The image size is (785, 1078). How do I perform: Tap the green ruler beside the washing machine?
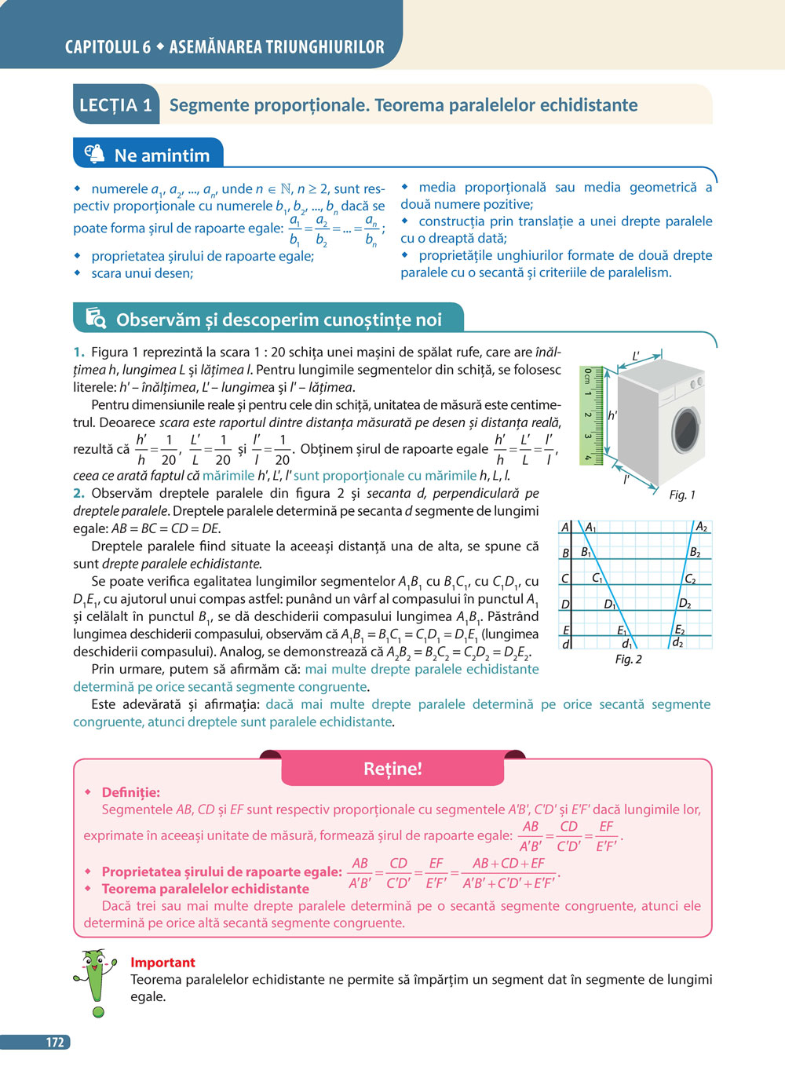coord(591,415)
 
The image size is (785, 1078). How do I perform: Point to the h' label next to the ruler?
coord(613,415)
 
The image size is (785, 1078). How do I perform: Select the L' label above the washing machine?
coord(637,356)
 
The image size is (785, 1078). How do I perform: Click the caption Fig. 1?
coord(682,495)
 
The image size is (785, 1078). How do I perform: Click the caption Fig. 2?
coord(628,659)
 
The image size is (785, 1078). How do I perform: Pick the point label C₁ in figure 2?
coord(598,578)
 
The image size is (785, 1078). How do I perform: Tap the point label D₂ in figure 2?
coord(685,603)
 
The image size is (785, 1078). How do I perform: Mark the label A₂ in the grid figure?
coord(702,527)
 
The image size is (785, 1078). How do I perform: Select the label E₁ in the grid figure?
coord(623,630)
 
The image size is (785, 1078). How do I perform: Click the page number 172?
coord(54,1042)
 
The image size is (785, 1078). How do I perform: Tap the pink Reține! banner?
coord(392,769)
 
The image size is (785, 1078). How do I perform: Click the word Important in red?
coord(162,962)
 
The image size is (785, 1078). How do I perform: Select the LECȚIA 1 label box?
coord(115,105)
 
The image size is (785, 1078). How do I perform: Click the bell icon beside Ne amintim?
coord(94,154)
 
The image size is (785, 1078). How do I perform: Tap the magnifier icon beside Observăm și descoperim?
coord(96,318)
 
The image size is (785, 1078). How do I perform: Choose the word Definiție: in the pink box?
coord(130,792)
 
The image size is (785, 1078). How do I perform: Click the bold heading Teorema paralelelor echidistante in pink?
coord(205,889)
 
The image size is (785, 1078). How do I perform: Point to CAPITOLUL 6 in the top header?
coord(108,47)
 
